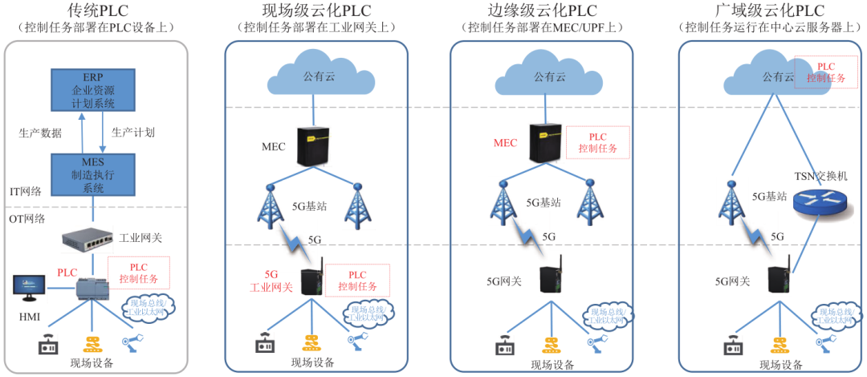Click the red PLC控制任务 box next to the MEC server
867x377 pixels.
coord(598,142)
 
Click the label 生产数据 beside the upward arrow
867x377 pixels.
coord(40,133)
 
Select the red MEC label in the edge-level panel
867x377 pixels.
coord(505,142)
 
